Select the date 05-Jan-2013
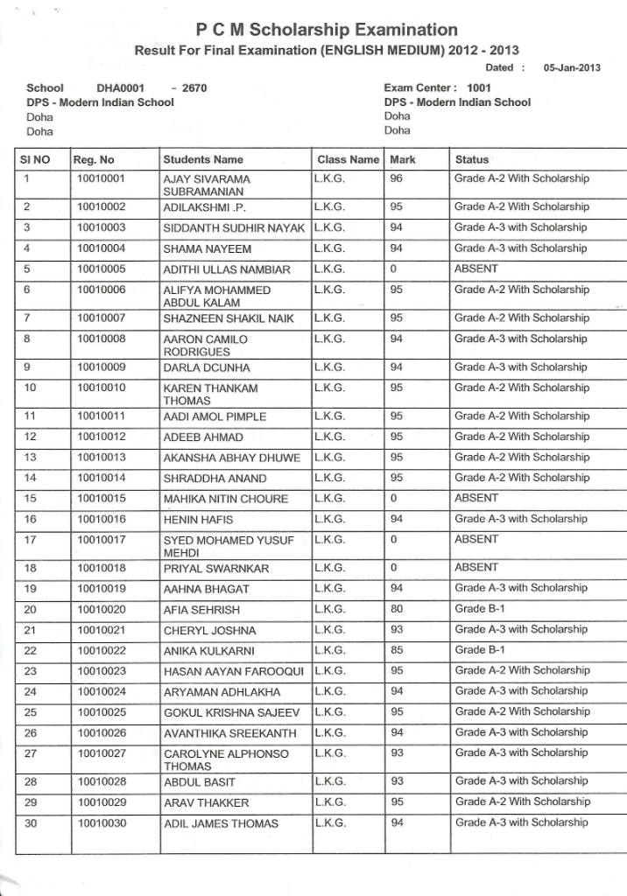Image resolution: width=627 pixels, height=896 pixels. [572, 67]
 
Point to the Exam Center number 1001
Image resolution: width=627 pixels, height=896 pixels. [479, 88]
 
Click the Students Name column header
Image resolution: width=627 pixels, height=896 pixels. [203, 160]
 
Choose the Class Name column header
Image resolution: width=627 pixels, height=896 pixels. [348, 160]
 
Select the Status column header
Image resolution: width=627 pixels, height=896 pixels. [472, 160]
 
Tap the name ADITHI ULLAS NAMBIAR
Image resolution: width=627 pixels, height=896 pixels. [227, 269]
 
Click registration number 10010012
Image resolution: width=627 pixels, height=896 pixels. [102, 437]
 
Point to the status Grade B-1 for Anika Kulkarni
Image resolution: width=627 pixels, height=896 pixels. [480, 650]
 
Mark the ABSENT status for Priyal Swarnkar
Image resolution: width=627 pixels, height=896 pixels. [476, 567]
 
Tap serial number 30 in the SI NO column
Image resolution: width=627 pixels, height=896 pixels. [30, 822]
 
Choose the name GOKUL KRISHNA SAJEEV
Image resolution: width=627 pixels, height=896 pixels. [231, 712]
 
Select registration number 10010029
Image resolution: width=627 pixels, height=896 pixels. [102, 802]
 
